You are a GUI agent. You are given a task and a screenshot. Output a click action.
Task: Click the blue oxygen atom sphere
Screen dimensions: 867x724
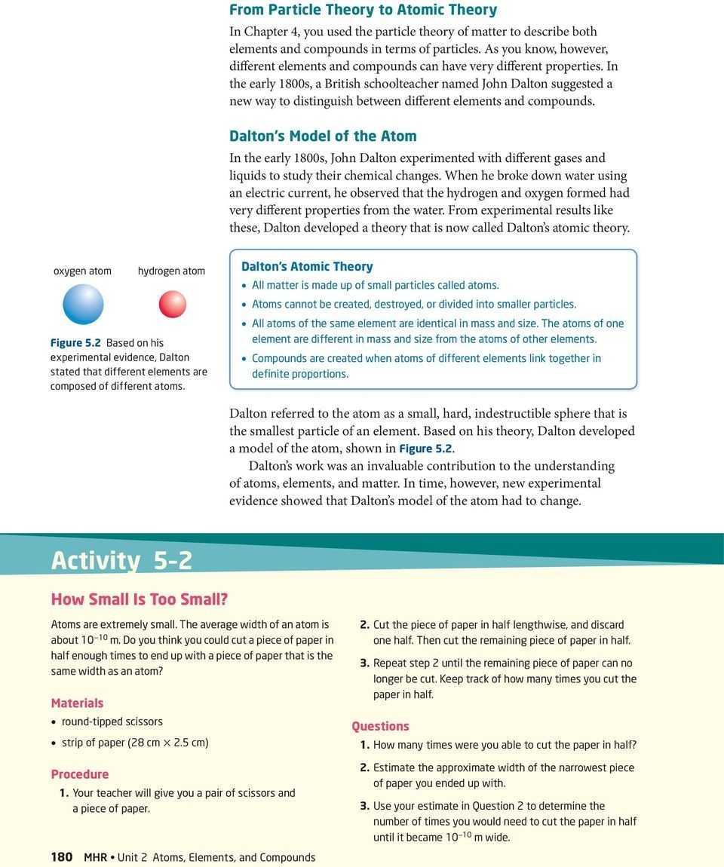82,304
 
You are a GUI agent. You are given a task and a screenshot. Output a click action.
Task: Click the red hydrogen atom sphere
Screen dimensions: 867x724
172,304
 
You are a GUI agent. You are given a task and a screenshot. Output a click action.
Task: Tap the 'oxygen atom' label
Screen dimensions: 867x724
82,271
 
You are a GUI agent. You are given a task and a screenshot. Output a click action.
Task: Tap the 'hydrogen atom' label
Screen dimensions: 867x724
171,271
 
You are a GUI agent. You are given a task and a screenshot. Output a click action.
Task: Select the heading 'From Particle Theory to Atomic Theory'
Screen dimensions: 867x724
363,10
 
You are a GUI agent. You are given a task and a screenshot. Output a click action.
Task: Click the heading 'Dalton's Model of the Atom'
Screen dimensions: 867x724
323,136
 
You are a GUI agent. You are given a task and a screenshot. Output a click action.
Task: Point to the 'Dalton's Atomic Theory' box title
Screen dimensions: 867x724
307,266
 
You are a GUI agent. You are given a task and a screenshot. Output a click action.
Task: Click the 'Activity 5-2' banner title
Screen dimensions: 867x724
121,561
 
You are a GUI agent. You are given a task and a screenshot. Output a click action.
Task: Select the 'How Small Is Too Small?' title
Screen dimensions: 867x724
139,600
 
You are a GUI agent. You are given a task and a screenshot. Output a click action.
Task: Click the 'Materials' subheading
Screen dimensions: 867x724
77,703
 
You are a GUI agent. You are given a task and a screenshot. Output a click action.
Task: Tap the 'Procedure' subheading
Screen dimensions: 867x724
79,774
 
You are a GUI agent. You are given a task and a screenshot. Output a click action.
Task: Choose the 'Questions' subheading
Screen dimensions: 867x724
380,726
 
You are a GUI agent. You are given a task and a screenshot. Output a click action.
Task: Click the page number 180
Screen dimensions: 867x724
61,857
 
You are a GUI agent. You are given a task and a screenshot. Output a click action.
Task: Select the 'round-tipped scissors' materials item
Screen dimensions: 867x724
112,721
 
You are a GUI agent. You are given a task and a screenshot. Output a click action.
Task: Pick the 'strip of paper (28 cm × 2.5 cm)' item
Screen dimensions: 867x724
135,743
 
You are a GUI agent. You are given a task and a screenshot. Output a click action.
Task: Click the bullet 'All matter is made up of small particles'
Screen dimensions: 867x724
375,286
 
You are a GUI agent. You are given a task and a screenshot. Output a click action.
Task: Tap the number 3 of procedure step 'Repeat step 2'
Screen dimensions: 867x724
364,663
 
